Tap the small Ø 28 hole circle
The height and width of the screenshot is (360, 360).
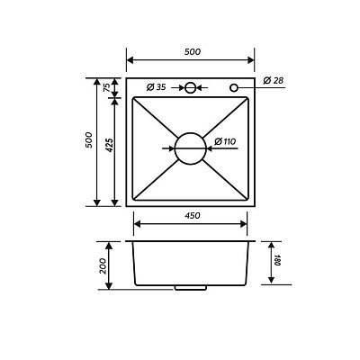coord(230,88)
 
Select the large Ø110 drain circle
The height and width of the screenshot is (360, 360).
coord(175,148)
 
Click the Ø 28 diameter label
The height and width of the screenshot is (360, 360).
coord(274,80)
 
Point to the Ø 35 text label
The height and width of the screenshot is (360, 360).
coord(156,87)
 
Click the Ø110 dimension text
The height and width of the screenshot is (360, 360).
coord(225,141)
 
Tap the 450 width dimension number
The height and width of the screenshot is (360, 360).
coord(192,215)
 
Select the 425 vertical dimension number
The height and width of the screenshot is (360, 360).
coord(110,145)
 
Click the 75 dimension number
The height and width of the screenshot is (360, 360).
coord(106,87)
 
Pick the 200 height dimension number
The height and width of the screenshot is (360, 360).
coord(103,265)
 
